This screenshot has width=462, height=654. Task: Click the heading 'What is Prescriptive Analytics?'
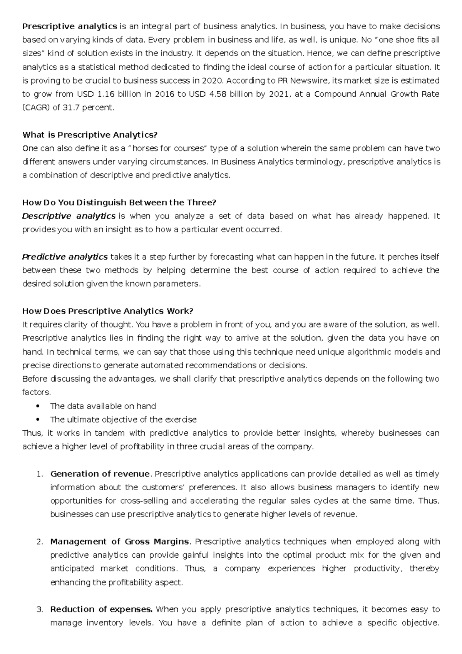click(x=90, y=135)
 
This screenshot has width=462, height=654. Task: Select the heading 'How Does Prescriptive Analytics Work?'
click(x=107, y=311)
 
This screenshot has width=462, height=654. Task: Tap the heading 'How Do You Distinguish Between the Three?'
click(x=119, y=202)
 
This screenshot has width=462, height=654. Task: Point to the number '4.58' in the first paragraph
click(x=218, y=94)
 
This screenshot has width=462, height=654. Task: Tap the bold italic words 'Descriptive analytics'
click(x=69, y=216)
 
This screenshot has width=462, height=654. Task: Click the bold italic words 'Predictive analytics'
click(x=65, y=257)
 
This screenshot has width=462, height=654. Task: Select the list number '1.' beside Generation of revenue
click(x=39, y=474)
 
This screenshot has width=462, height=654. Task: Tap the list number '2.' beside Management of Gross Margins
click(x=39, y=542)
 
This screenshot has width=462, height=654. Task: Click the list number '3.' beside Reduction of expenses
click(x=39, y=609)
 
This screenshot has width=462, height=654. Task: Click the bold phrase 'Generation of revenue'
click(x=100, y=474)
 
